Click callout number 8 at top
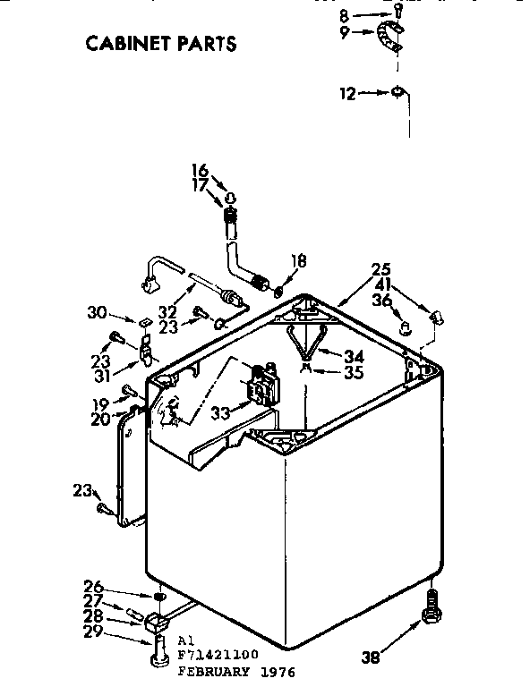[x=345, y=14]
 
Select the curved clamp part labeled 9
[x=389, y=40]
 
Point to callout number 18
[x=299, y=261]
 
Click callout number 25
[x=381, y=268]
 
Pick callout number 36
[x=381, y=301]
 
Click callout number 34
[x=354, y=356]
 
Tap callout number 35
[x=354, y=372]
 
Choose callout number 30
[x=97, y=312]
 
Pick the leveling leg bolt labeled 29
[x=158, y=648]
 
